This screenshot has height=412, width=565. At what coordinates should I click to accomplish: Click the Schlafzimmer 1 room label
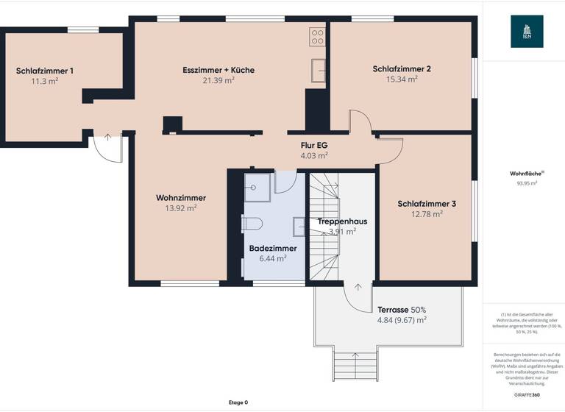[45, 71]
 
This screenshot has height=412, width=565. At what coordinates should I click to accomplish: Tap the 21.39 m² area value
[218, 81]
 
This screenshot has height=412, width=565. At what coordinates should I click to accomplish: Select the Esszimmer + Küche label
[218, 70]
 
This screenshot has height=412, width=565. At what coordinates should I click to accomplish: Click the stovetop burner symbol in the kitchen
[317, 37]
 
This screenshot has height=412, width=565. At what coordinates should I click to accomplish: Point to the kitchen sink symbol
[319, 69]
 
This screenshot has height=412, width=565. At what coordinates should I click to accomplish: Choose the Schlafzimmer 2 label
[402, 69]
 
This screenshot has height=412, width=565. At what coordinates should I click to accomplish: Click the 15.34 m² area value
[402, 79]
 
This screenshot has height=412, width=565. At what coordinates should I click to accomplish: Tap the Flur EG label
[314, 145]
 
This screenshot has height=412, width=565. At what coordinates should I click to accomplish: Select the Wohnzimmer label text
[181, 197]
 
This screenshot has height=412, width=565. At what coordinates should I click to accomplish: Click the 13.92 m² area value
[181, 208]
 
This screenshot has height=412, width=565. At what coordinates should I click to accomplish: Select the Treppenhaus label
[342, 221]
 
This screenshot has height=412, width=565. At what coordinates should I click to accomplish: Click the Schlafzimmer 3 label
[427, 204]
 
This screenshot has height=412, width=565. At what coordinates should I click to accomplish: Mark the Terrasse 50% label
[402, 310]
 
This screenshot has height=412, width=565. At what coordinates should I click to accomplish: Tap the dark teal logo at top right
[527, 32]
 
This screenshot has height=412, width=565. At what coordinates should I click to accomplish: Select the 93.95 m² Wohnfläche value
[527, 184]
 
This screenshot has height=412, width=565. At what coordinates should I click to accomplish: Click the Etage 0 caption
[238, 402]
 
